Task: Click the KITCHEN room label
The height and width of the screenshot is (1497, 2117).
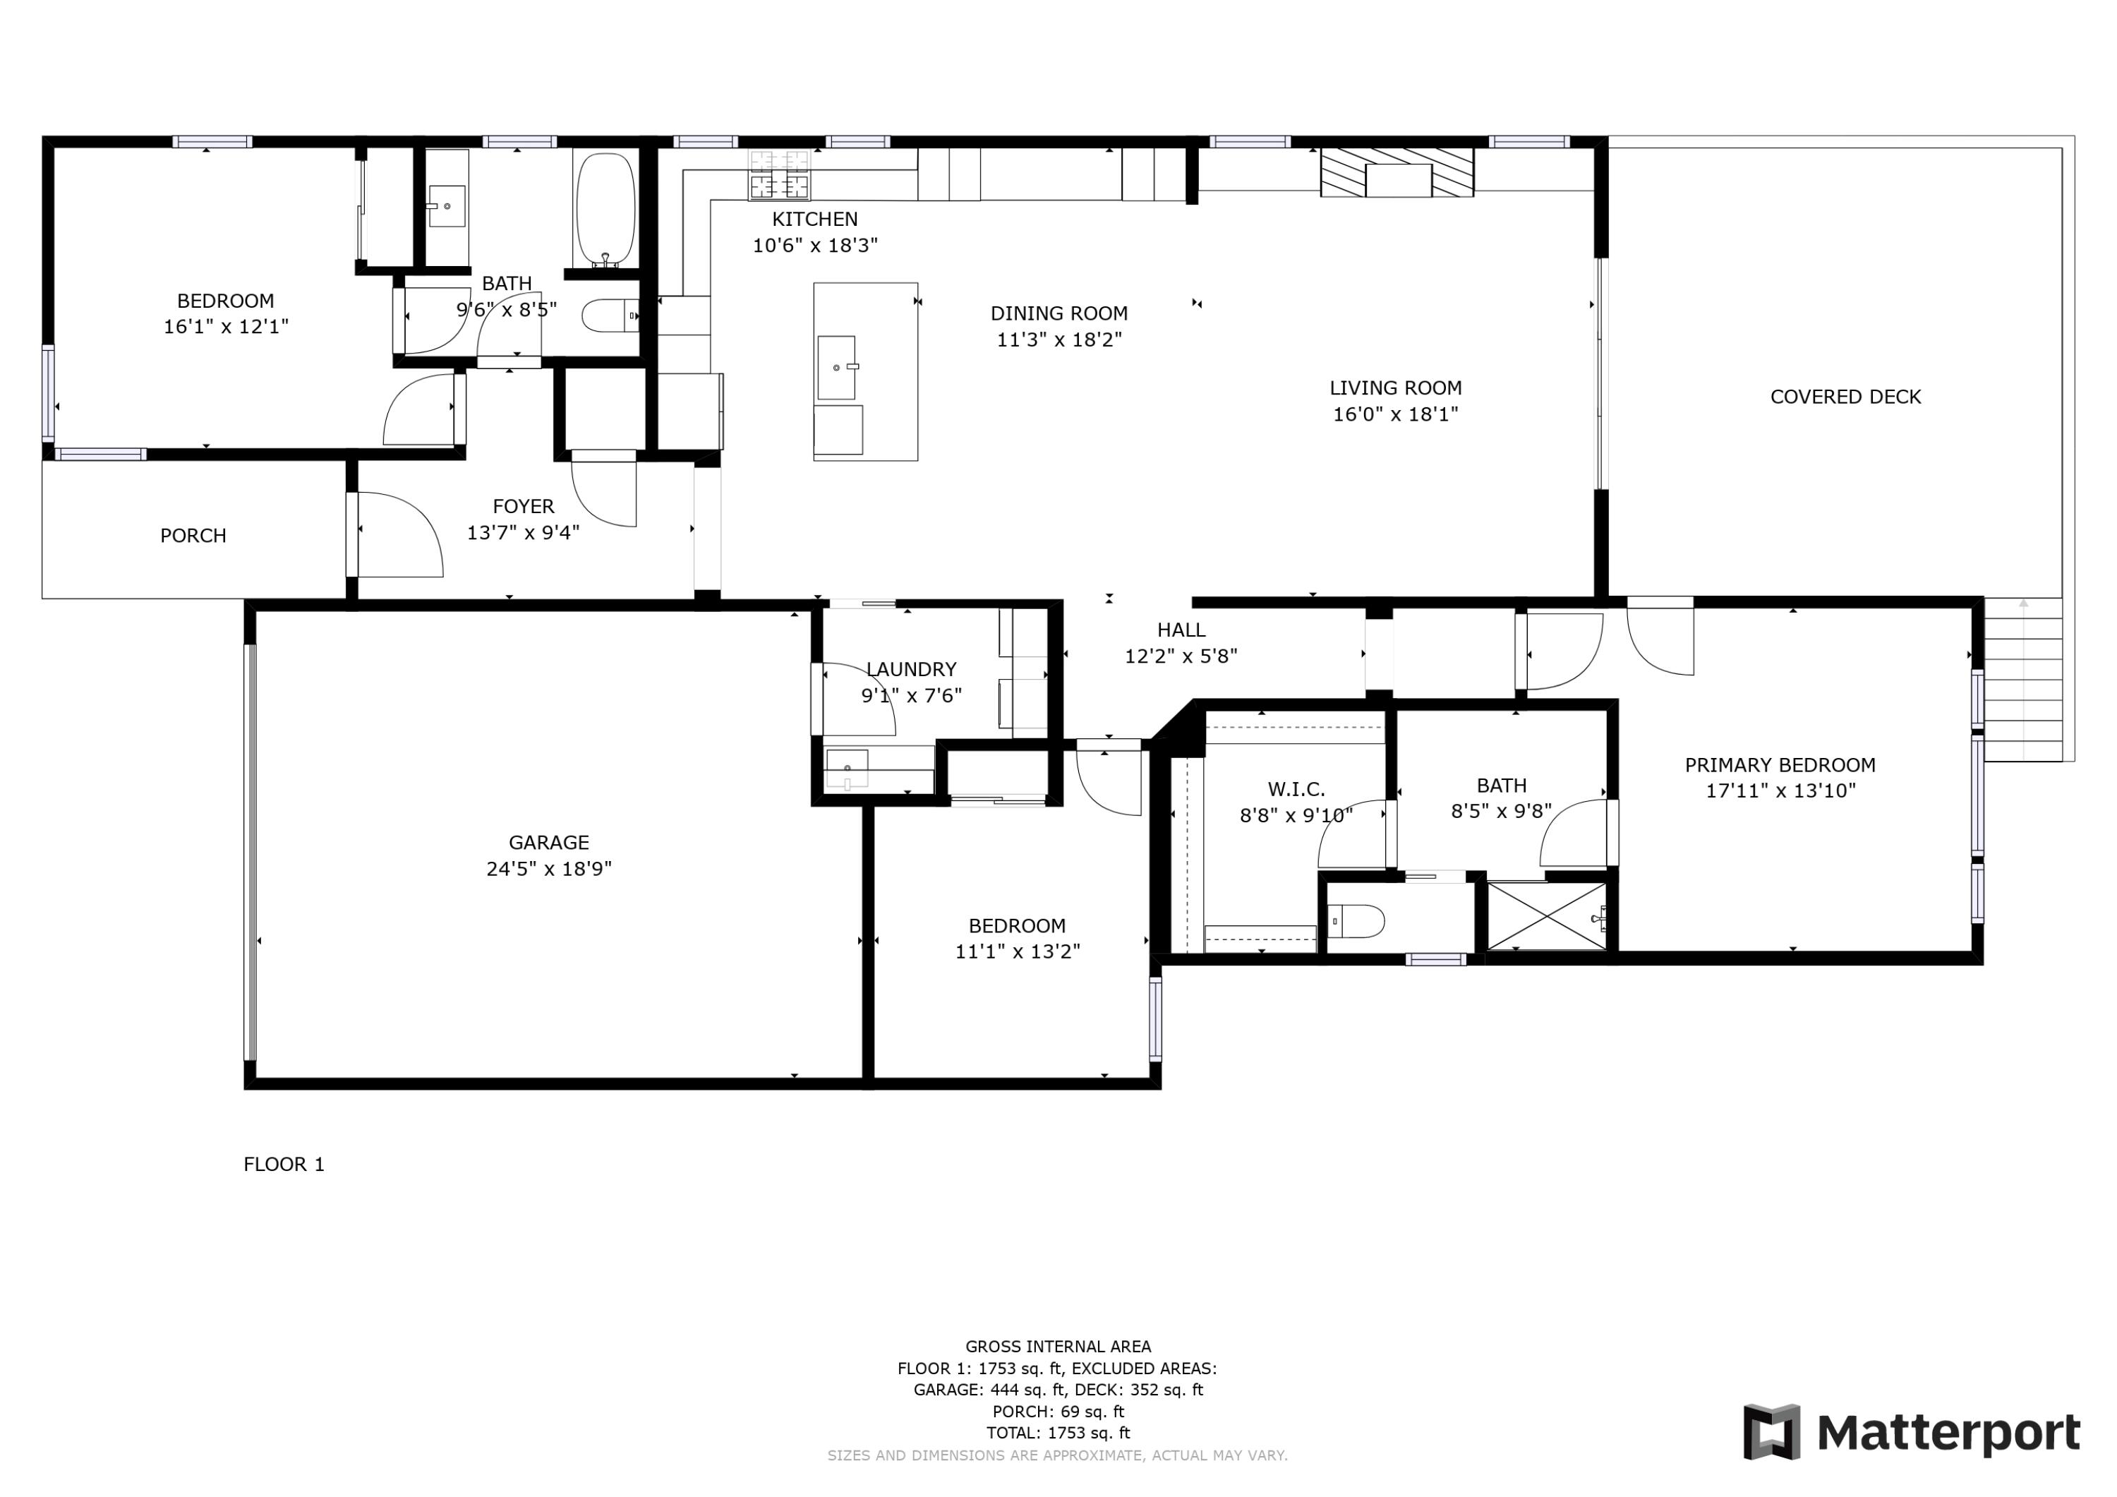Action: tap(814, 219)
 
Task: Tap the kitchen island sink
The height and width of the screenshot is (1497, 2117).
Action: tap(836, 367)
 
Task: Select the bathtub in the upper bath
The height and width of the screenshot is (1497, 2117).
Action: tap(605, 208)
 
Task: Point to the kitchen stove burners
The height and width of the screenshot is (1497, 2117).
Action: tap(779, 175)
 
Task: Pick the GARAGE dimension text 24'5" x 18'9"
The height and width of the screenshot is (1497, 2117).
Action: tap(548, 869)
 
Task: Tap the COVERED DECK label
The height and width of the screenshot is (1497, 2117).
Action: tap(1845, 397)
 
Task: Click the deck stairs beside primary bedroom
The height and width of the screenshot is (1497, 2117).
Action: tap(2022, 680)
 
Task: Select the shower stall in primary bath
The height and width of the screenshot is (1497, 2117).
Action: tap(1546, 917)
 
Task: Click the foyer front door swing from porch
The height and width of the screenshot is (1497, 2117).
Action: tap(397, 535)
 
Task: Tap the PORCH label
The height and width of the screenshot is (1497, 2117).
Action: tap(193, 536)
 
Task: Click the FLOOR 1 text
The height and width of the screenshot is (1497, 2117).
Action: tap(283, 1164)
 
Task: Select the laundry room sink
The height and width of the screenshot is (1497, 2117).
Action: tap(846, 769)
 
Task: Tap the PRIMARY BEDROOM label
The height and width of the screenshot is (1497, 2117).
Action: tap(1780, 764)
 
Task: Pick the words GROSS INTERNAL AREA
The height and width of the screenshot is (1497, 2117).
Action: tap(1058, 1347)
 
